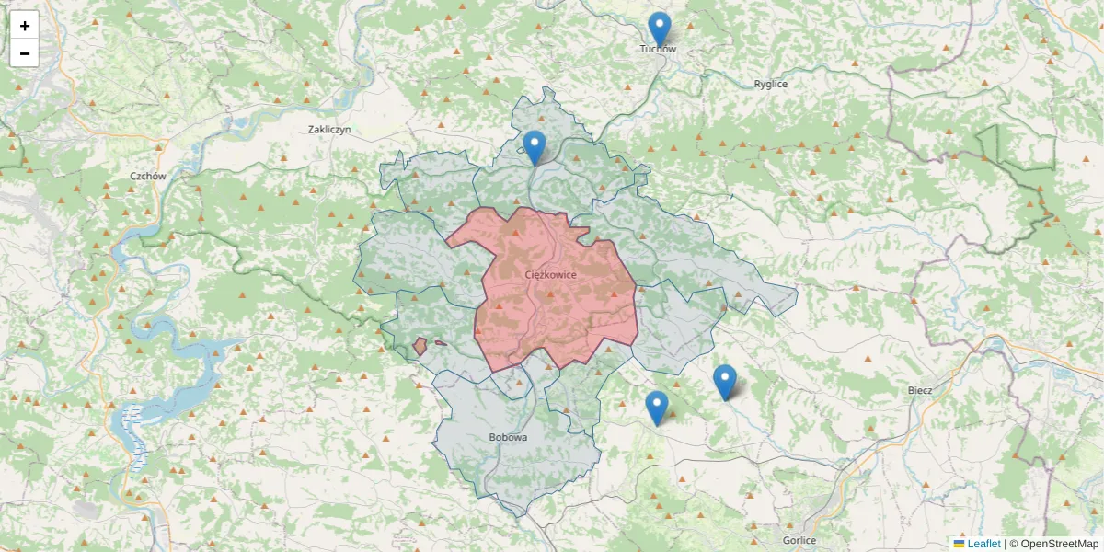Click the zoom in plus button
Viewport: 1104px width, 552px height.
pos(25,26)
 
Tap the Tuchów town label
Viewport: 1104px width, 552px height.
pos(658,49)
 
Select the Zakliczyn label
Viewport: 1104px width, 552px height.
pos(330,130)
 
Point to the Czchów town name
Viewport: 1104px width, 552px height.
pos(147,176)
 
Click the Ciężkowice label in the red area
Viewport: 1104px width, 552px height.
pos(550,275)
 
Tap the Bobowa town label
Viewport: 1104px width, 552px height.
pos(509,437)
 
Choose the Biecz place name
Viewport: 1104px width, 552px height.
pos(919,390)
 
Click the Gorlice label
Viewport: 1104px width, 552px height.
pos(798,540)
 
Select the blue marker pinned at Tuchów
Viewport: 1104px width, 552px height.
pos(659,29)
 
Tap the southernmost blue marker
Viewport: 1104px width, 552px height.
pos(656,408)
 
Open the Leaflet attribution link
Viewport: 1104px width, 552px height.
pos(983,544)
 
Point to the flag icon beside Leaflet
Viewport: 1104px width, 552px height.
pos(959,544)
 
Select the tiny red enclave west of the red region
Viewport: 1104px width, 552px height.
pos(420,347)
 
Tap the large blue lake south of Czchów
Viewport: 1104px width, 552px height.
pos(184,368)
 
